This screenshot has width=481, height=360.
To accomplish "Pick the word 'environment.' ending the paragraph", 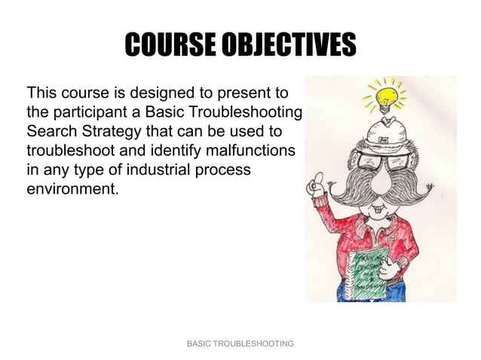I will tap(72, 188).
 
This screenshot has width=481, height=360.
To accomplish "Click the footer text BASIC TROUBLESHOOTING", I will tap(240, 343).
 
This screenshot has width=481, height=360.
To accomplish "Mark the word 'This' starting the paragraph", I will tap(41, 94).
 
